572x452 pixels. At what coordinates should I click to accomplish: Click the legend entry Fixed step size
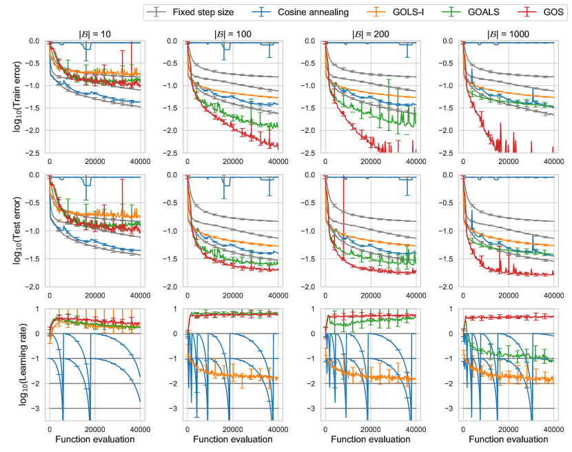[207, 12]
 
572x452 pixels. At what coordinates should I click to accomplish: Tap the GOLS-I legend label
[398, 12]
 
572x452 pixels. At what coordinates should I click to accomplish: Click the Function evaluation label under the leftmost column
[95, 440]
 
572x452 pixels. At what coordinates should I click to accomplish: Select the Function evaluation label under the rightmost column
[509, 440]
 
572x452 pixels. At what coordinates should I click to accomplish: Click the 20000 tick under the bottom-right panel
[509, 428]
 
